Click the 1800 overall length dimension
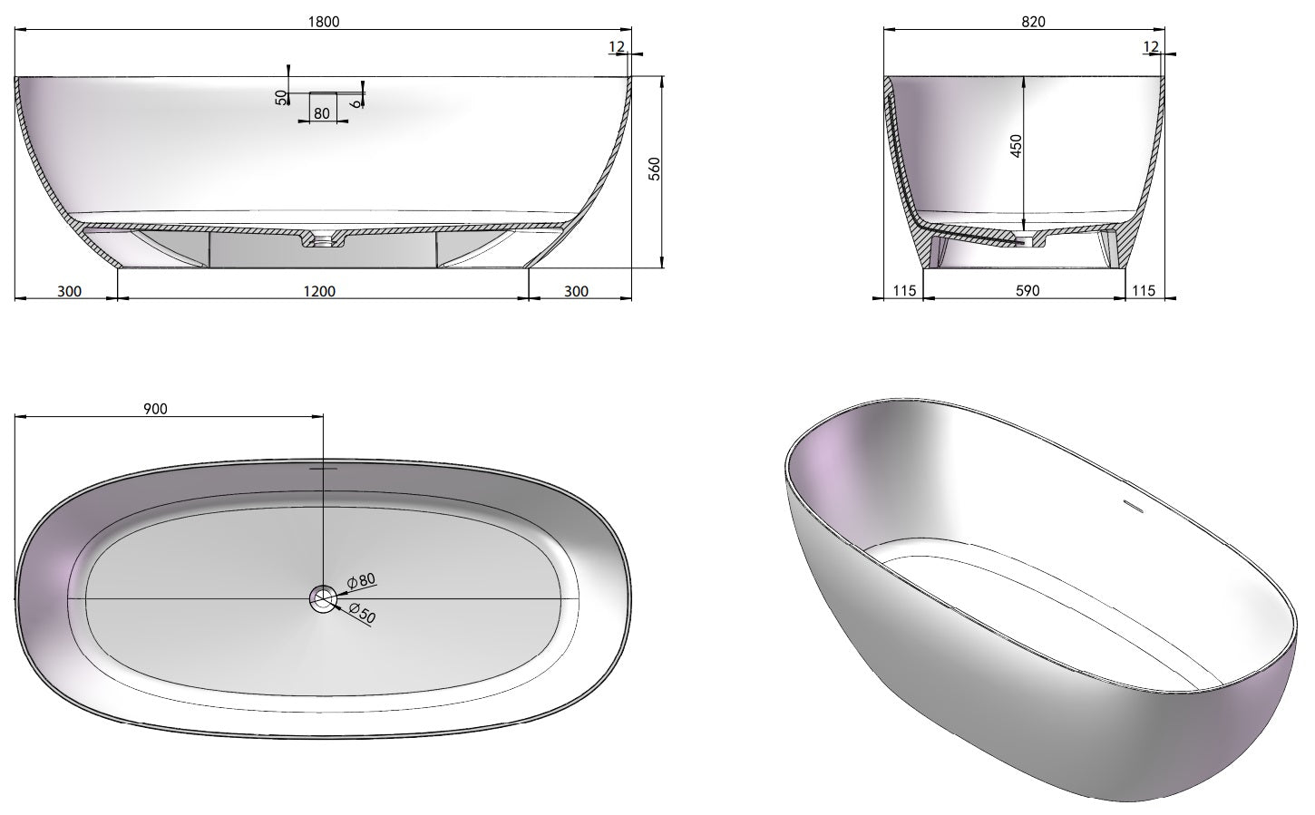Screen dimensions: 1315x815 point(324,22)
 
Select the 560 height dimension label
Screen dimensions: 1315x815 point(655,169)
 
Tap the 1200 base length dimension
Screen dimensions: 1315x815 point(319,291)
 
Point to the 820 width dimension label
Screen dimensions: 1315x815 point(1033,22)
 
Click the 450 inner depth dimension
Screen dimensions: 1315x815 point(1017,146)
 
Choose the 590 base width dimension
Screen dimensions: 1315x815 point(1028,290)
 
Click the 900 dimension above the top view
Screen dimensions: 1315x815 point(156,409)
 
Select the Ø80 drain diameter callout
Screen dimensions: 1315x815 point(360,580)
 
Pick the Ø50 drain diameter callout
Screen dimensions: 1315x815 point(362,613)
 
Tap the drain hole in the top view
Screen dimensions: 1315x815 point(322,598)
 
